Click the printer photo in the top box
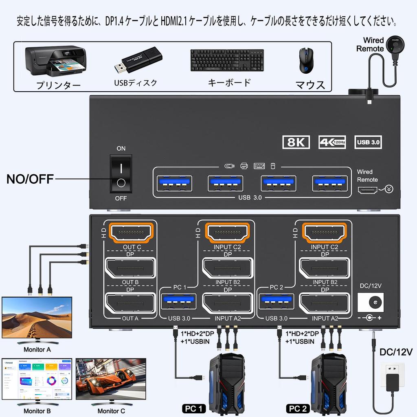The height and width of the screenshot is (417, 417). pyautogui.click(x=55, y=61)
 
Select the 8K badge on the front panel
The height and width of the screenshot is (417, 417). pyautogui.click(x=296, y=142)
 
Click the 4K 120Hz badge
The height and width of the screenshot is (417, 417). pyautogui.click(x=332, y=142)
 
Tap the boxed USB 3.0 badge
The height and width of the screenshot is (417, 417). pyautogui.click(x=368, y=142)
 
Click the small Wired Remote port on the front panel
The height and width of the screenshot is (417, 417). pyautogui.click(x=367, y=190)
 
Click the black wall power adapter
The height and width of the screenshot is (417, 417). pyautogui.click(x=393, y=382)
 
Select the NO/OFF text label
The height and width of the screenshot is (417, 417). pyautogui.click(x=30, y=179)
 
